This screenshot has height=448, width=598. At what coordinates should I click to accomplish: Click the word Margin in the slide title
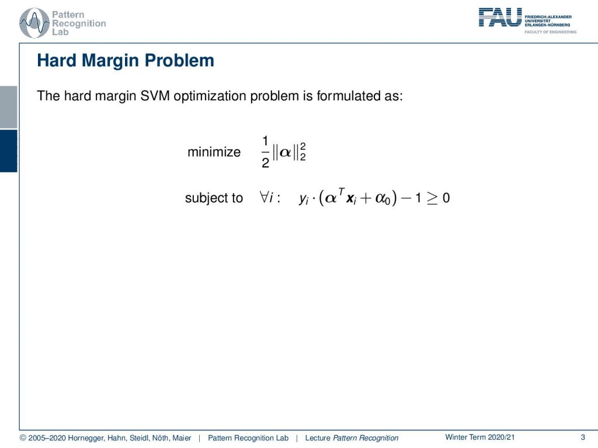(110, 61)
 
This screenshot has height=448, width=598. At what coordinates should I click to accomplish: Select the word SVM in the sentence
(155, 96)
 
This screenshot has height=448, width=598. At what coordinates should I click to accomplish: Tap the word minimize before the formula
(214, 152)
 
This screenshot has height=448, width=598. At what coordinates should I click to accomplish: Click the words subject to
(214, 198)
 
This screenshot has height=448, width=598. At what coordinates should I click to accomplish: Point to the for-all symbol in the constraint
(264, 197)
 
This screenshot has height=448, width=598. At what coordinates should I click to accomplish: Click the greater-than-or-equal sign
(432, 198)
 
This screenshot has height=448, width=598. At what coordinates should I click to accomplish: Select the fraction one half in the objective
(266, 152)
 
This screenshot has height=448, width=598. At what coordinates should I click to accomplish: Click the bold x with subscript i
(351, 199)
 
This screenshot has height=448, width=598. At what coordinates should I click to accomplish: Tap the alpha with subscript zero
(383, 199)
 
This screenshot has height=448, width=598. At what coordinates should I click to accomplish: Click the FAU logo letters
(500, 17)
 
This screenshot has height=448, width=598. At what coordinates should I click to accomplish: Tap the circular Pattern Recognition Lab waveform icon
(34, 23)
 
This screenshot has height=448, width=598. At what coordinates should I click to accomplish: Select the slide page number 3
(583, 437)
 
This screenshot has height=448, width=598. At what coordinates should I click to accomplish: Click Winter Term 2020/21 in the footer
(480, 437)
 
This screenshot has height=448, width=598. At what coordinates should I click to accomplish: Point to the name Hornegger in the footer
(86, 438)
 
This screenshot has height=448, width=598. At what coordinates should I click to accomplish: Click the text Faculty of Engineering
(550, 32)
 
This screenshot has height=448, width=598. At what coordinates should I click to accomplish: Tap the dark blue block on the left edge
(8, 151)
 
